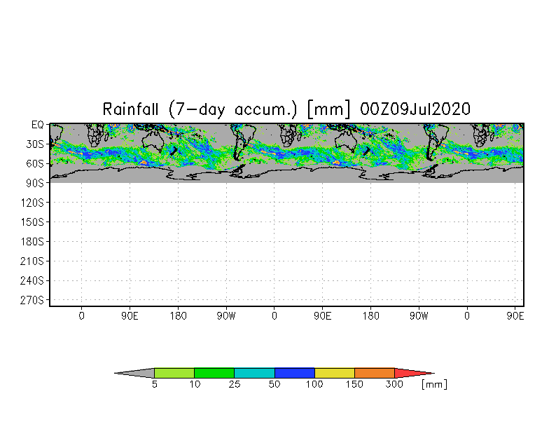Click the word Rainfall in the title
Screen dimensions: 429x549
click(x=132, y=109)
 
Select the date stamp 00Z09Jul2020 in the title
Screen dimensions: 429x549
click(x=415, y=109)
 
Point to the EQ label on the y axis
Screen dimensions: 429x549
click(x=38, y=124)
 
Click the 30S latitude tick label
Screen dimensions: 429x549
click(x=35, y=144)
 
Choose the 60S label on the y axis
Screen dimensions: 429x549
click(x=35, y=163)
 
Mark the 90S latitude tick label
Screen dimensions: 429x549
click(x=35, y=183)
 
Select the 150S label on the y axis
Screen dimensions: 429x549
click(x=33, y=222)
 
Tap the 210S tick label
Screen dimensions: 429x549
click(x=33, y=261)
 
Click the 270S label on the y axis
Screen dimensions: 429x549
click(x=33, y=301)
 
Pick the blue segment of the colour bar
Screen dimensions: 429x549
click(x=294, y=373)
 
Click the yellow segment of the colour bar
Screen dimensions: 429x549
click(x=334, y=373)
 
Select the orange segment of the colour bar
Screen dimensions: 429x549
click(x=374, y=373)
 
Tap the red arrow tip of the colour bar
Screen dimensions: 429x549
click(x=411, y=373)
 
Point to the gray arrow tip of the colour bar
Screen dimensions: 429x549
click(x=137, y=373)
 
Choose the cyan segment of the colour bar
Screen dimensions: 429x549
click(x=254, y=373)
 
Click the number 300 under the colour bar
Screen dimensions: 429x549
click(x=395, y=385)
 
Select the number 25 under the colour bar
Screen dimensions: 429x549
click(x=235, y=385)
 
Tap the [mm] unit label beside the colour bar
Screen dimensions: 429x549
click(x=434, y=385)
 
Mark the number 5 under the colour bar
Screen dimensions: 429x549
click(x=154, y=385)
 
